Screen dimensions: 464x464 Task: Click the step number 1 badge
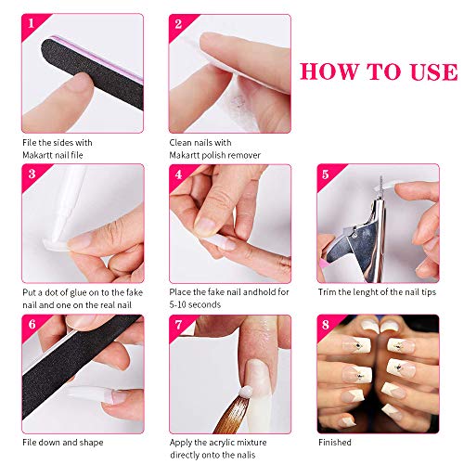coord(31,23)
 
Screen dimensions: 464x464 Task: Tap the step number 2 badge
coord(178,24)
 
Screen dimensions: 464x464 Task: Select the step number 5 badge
coord(325,174)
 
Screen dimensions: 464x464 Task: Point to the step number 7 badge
coord(178,325)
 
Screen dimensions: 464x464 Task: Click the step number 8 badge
coord(326,325)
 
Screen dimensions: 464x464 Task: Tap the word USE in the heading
coord(434,71)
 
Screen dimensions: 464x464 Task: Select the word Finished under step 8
coord(335,443)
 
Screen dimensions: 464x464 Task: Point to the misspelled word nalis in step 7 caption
coord(247,455)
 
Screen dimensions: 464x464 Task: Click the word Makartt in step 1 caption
coord(38,155)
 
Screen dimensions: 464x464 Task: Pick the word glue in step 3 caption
coord(79,293)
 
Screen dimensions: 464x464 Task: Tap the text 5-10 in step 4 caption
coord(178,304)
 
